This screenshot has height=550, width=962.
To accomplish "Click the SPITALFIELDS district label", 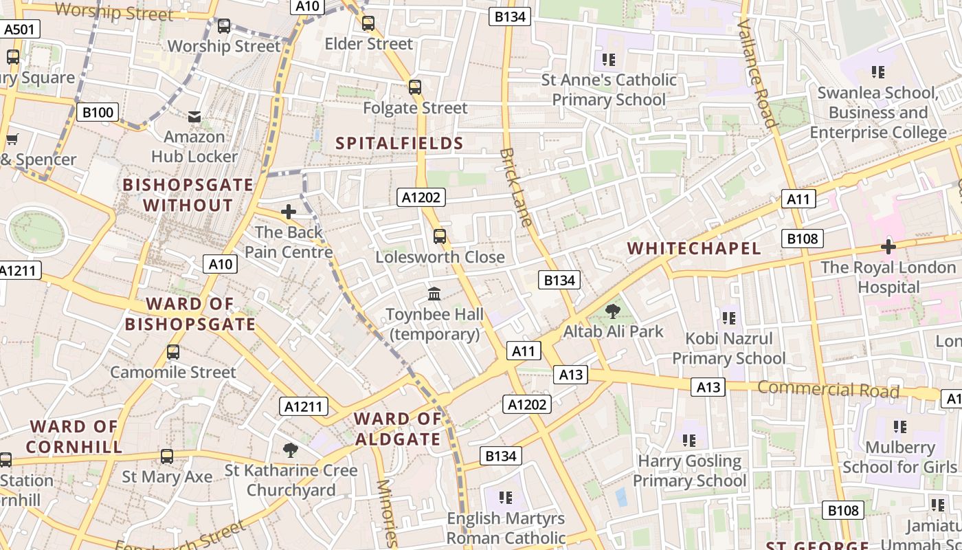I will [x=399, y=143].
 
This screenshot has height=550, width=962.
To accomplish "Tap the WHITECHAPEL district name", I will [x=695, y=248].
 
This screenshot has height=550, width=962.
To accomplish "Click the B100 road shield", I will [x=97, y=112].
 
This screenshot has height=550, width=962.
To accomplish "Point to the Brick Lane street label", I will [x=516, y=186].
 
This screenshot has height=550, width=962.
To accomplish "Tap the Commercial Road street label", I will [x=828, y=389].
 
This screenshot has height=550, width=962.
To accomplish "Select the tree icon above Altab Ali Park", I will [x=613, y=311].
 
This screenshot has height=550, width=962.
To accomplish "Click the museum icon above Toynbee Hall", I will [x=434, y=294].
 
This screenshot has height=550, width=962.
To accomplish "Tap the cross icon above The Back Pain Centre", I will [x=289, y=212].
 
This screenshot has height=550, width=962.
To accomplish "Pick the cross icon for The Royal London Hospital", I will [x=888, y=247].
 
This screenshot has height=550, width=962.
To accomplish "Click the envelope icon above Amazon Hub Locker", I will [x=194, y=118].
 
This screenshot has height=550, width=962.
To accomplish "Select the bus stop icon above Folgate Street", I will [x=414, y=87].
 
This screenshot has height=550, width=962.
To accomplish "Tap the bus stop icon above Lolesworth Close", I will [x=440, y=236].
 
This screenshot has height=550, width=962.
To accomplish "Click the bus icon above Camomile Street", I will [x=173, y=352].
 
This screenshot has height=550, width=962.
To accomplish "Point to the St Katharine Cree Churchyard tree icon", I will [x=291, y=450].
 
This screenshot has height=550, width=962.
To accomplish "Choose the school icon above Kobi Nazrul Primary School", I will [x=729, y=318].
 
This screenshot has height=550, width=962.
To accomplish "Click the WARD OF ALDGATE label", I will [x=398, y=429].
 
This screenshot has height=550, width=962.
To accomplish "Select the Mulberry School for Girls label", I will [x=899, y=457].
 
